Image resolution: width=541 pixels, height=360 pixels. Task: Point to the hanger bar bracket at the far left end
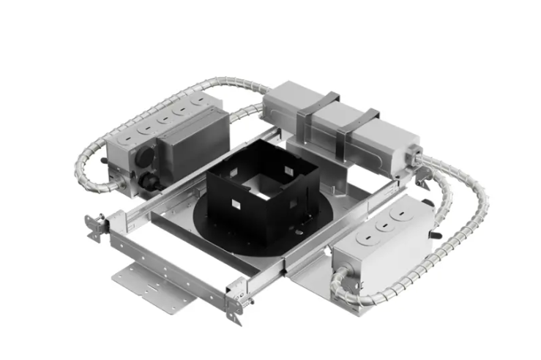coord(93,226)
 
